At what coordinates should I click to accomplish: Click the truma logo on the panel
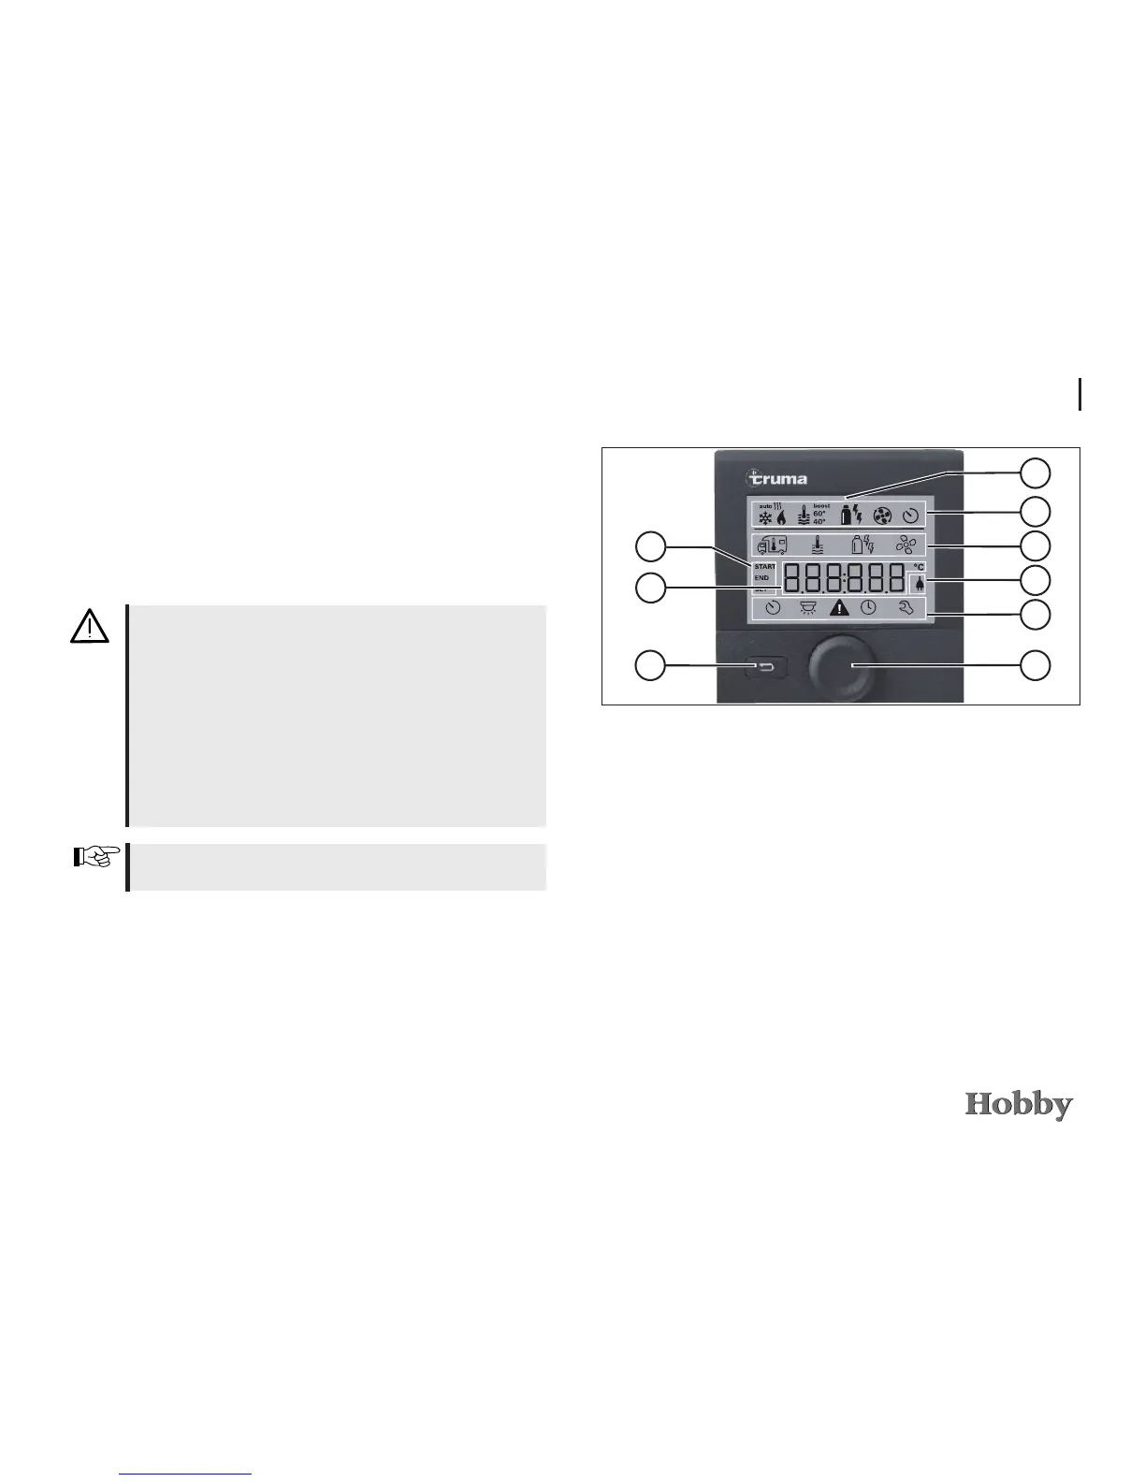777,477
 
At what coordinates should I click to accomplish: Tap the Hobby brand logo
1019,1105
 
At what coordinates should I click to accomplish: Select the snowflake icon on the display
764,516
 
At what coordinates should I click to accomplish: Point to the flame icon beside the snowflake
781,516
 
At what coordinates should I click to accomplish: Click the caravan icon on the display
767,545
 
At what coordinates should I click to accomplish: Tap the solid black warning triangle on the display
840,607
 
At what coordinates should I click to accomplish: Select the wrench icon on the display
905,607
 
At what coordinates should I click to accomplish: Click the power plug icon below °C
919,584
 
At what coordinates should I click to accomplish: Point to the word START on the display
764,567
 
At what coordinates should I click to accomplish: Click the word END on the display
761,578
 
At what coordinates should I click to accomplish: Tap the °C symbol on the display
919,567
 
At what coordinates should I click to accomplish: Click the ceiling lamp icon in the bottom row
807,607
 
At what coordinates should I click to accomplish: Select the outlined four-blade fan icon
905,545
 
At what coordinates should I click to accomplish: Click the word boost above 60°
821,506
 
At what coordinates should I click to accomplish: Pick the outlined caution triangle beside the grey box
89,625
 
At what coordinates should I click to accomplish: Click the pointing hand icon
97,856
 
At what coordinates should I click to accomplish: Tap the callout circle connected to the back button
651,665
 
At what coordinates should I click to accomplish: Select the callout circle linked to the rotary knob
1034,665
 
